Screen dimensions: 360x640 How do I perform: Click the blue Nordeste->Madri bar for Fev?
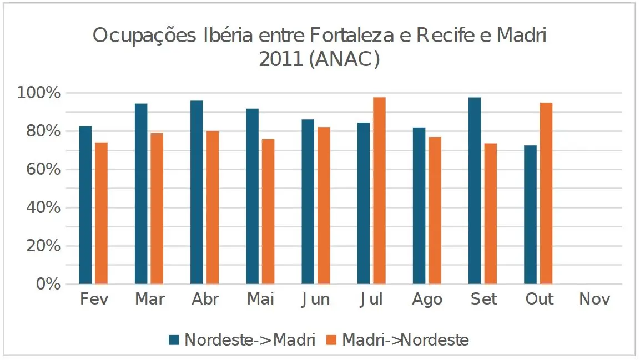pyautogui.click(x=85, y=205)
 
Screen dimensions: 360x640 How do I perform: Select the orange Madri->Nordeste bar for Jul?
pyautogui.click(x=379, y=191)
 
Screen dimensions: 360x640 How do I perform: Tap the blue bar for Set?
pyautogui.click(x=475, y=191)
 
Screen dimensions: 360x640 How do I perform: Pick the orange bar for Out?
pyautogui.click(x=546, y=194)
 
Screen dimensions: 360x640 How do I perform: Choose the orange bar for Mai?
pyautogui.click(x=268, y=211)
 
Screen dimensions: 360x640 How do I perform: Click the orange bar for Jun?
pyautogui.click(x=324, y=206)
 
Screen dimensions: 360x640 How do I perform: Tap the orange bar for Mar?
pyautogui.click(x=157, y=209)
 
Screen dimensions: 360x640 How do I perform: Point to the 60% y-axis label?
pyautogui.click(x=42, y=170)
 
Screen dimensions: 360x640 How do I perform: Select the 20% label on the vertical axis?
pyautogui.click(x=42, y=246)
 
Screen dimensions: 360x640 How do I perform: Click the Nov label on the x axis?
pyautogui.click(x=594, y=300)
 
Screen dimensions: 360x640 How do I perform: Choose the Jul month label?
pyautogui.click(x=371, y=300)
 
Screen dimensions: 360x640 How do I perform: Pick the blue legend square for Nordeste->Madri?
pyautogui.click(x=174, y=340)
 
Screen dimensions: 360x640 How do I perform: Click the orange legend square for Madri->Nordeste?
pyautogui.click(x=332, y=340)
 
